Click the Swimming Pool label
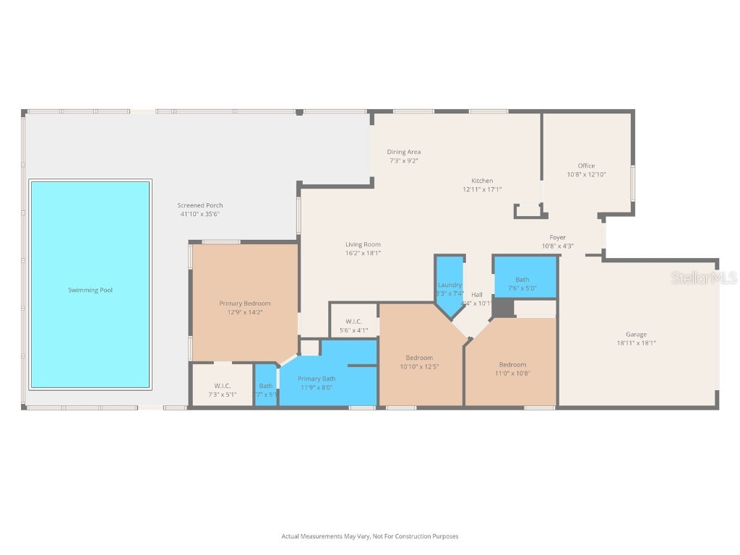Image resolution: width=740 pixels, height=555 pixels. [90, 290]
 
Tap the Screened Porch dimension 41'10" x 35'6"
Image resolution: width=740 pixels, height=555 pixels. [200, 214]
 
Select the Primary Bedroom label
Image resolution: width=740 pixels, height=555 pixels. [245, 304]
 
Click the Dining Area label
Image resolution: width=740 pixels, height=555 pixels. [403, 152]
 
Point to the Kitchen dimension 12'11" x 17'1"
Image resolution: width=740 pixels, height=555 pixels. [482, 189]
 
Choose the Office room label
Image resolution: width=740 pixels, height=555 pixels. [586, 165]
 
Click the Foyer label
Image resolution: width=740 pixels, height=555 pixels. [557, 237]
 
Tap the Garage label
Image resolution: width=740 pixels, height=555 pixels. [636, 334]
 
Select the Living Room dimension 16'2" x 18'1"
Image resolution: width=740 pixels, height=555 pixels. [363, 253]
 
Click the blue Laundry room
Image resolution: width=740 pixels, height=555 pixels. [449, 285]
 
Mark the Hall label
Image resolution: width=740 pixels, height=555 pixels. [477, 294]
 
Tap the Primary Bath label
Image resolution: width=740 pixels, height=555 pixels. [317, 378]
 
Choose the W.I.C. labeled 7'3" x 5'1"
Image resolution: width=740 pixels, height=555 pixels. [222, 385]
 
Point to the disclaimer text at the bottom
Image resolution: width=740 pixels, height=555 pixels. [370, 536]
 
